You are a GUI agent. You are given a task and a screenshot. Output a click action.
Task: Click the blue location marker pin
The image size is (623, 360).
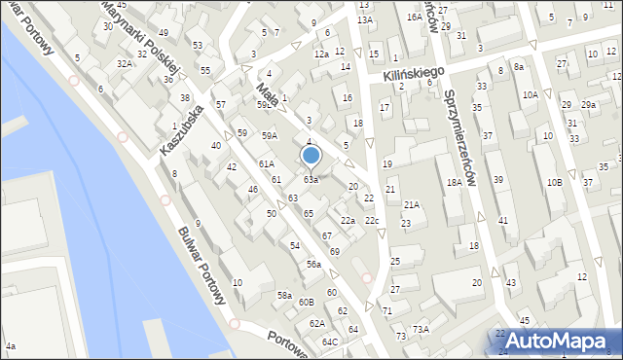(311, 156)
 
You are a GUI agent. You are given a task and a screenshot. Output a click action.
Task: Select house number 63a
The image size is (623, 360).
(310, 180)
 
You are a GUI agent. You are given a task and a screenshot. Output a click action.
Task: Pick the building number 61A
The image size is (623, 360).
(266, 163)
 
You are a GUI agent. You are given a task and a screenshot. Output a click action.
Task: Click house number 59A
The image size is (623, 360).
(270, 135)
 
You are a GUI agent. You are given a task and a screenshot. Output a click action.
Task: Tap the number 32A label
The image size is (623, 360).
(124, 63)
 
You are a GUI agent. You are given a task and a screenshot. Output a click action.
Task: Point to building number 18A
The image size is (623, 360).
(454, 182)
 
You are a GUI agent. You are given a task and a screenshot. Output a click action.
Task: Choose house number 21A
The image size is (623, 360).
(412, 204)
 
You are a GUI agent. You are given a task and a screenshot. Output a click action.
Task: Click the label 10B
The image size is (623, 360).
(554, 182)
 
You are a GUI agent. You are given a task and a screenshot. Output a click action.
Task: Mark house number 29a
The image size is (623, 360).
(588, 104)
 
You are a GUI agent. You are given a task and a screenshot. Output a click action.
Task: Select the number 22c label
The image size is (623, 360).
(371, 221)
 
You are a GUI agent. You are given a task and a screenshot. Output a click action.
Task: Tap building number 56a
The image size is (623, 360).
(313, 265)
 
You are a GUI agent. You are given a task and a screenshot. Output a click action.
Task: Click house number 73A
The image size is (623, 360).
(420, 329)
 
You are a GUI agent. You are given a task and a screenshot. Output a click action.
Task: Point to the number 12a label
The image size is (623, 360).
(320, 54)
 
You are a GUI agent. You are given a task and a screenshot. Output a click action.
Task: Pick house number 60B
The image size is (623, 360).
(306, 303)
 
